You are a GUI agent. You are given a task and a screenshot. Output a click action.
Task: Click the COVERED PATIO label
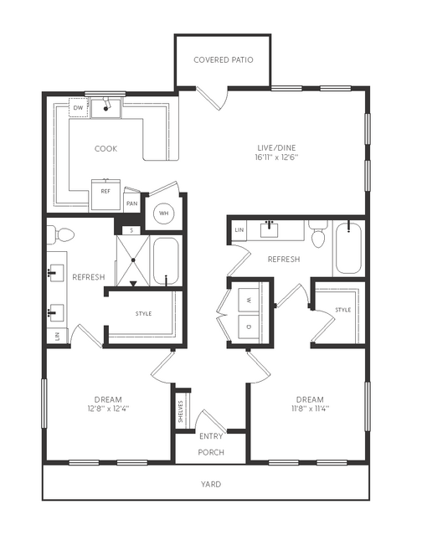click(x=223, y=60)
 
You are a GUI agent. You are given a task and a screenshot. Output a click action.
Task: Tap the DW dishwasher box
click(x=79, y=108)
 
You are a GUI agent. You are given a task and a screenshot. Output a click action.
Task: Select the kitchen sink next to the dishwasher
click(x=105, y=108)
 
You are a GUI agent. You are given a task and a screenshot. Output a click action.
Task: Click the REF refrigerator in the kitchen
click(x=105, y=194)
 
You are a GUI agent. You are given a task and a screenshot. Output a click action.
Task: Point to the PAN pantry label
click(x=132, y=203)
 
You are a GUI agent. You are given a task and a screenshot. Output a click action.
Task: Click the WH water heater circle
click(x=164, y=213)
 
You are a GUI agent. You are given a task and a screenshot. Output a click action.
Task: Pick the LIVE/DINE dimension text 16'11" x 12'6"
click(x=276, y=157)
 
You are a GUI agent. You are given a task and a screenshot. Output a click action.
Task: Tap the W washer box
click(x=249, y=300)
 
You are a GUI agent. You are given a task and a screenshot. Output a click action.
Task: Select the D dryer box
click(x=249, y=327)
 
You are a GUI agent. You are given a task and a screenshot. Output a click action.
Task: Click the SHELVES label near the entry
click(x=181, y=411)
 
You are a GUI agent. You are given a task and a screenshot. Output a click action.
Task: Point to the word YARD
click(x=211, y=484)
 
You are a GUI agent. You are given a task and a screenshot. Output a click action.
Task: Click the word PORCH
click(x=211, y=452)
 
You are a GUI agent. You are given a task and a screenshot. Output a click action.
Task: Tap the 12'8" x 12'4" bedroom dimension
click(x=108, y=409)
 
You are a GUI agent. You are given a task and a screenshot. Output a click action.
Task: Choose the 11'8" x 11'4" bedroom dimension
click(x=310, y=409)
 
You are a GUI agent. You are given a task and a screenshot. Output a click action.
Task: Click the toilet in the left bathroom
click(x=61, y=235)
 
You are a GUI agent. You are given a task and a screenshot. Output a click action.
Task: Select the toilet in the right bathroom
click(x=318, y=234)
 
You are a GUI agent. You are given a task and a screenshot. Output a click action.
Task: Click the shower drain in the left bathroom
click(x=133, y=260)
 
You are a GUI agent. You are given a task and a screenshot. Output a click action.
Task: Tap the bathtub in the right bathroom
click(x=348, y=248)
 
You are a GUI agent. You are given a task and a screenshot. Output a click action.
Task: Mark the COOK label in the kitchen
click(x=105, y=149)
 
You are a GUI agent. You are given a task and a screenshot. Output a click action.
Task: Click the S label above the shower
click(x=132, y=230)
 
